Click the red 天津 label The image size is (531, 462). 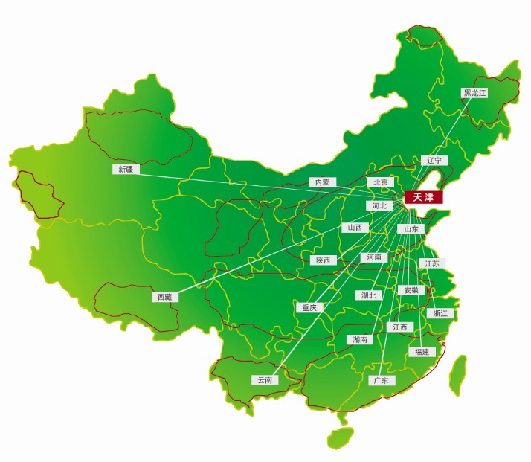point(422,197)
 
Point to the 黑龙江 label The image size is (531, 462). point(474,93)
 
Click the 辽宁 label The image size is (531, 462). point(434,160)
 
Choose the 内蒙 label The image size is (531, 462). point(322,182)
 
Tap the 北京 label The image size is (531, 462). point(380,182)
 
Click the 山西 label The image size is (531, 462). point(355,228)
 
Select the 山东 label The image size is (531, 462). point(411,229)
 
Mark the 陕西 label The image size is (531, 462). point(324,260)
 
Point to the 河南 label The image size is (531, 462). point(373,257)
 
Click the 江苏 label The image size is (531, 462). point(432,263)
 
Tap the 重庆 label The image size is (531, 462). point(308,307)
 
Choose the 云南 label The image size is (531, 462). point(265,380)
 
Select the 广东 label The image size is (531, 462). point(382,380)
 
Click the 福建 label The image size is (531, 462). point(421,351)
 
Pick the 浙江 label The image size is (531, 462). point(440,313)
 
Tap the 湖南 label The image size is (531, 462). point(361,339)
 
